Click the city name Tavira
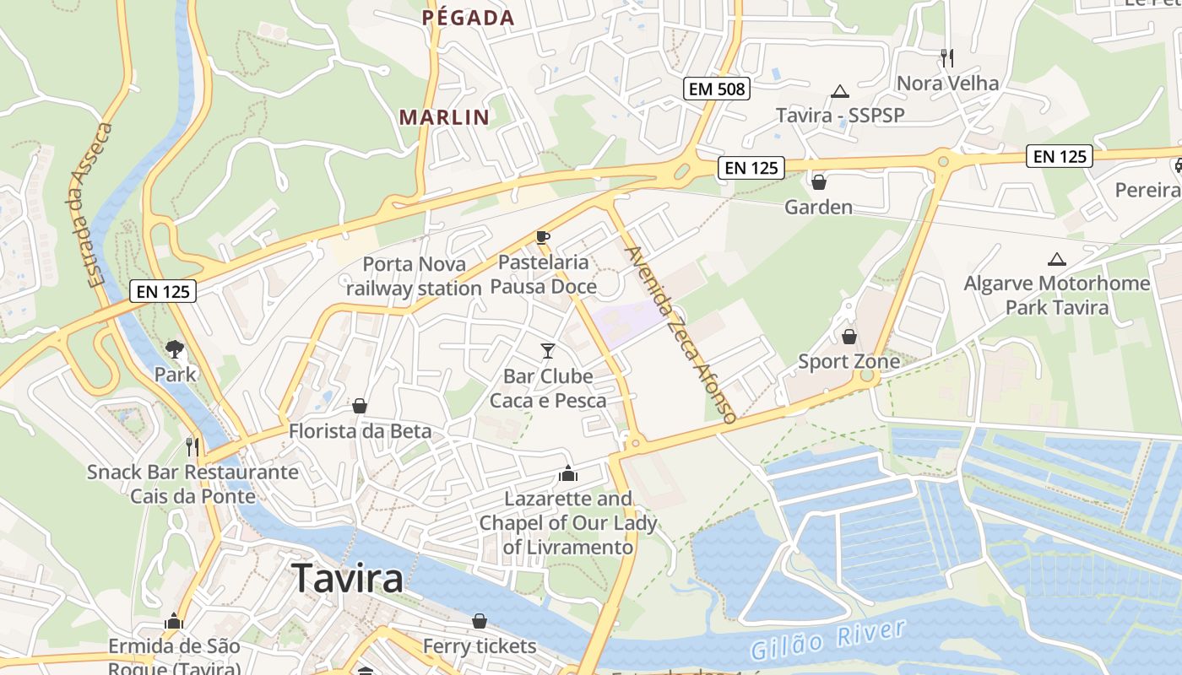point(348,579)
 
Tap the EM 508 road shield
point(717,88)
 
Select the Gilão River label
point(827,640)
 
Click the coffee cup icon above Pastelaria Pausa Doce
point(543,237)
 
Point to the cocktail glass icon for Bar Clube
point(548,350)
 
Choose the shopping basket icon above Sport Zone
point(849,337)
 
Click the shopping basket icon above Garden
point(818,181)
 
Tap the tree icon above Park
point(175,348)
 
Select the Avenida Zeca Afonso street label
point(680,334)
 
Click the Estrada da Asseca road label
point(89,205)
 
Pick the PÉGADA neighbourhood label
point(468,18)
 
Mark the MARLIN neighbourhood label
point(444,117)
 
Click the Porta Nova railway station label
point(414,276)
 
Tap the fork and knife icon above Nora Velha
point(947,58)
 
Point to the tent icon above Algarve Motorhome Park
point(1056,259)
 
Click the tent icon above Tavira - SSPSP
point(839,91)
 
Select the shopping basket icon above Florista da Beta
point(360,407)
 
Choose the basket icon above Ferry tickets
point(480,622)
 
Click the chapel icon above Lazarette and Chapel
point(568,473)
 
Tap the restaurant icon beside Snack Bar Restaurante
point(192,446)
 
